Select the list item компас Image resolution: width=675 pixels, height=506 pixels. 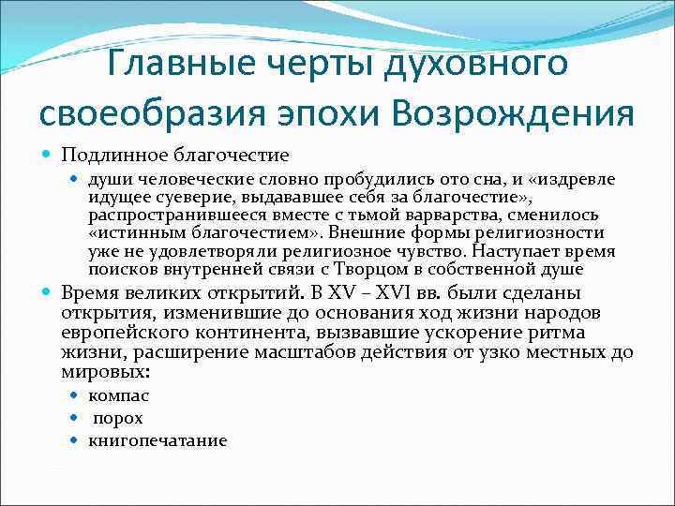119,395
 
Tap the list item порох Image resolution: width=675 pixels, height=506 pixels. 117,418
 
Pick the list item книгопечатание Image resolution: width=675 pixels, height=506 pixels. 158,440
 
